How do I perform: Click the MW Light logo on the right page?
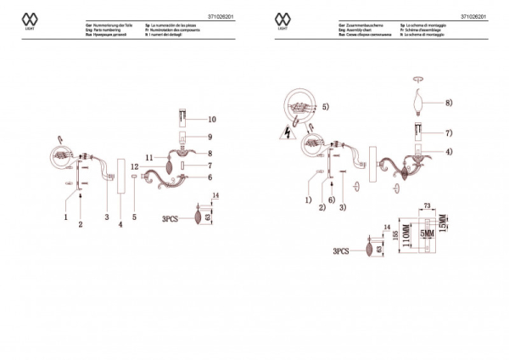[282, 20]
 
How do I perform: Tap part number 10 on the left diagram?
[212, 120]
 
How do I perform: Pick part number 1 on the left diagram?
[64, 217]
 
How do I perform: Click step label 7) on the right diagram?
[449, 132]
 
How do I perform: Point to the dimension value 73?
[428, 206]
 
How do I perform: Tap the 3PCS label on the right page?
[342, 251]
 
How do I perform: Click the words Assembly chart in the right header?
[360, 31]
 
